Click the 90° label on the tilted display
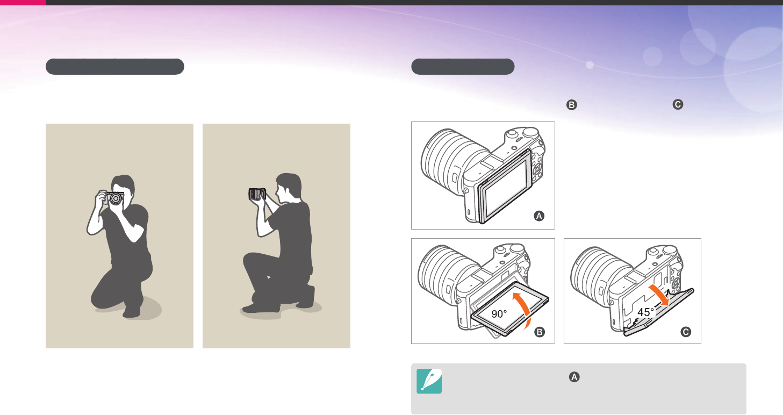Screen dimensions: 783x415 (x=499, y=313)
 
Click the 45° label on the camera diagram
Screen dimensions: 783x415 (x=645, y=312)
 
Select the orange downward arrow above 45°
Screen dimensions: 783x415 (x=659, y=295)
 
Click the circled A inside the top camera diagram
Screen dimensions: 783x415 (x=539, y=216)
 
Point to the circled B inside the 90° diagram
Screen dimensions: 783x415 (x=540, y=332)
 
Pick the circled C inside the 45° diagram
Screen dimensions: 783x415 (x=686, y=332)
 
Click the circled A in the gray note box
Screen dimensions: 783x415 (x=574, y=377)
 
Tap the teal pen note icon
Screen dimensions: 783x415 (x=429, y=381)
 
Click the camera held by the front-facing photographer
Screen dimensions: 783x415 (x=113, y=198)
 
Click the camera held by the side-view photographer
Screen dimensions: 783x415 (x=257, y=194)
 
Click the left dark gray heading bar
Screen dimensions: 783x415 (x=114, y=67)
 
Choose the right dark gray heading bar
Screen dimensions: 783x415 (x=463, y=67)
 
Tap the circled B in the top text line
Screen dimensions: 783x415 (x=571, y=105)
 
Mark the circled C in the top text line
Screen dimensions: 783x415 (x=678, y=104)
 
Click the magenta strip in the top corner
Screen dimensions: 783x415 (x=23, y=3)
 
